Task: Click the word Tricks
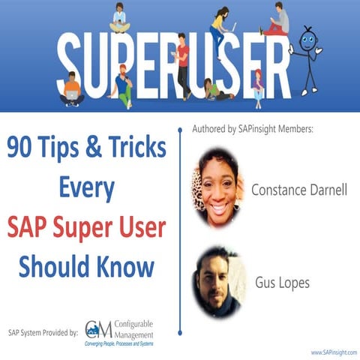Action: pos(139,148)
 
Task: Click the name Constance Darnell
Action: pos(298,189)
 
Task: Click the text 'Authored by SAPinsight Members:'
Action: pos(251,130)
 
